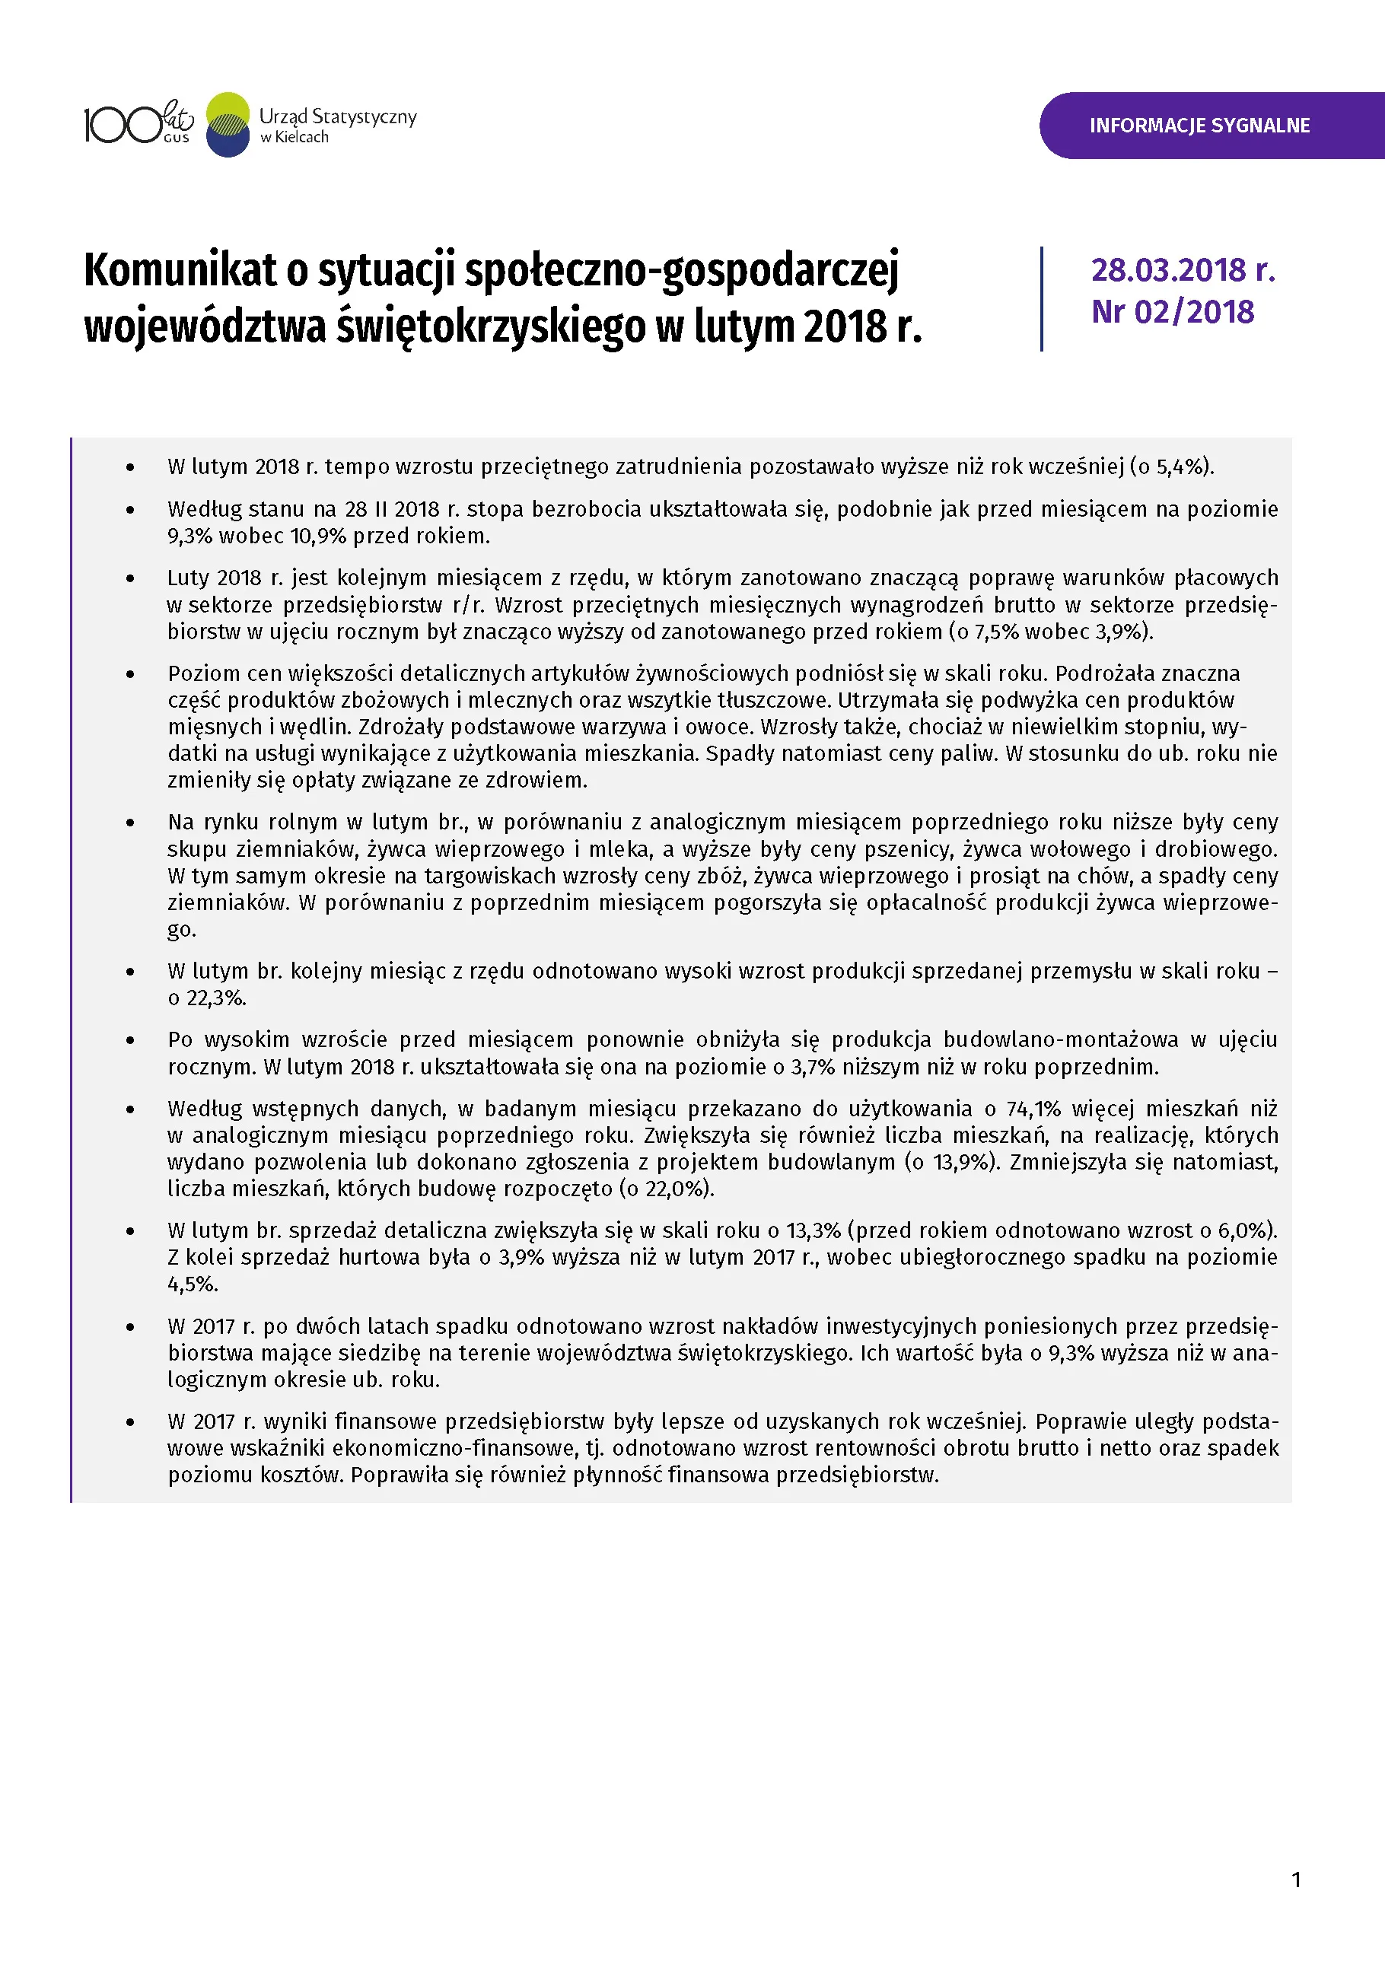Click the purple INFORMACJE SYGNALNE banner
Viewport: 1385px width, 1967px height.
click(x=1199, y=126)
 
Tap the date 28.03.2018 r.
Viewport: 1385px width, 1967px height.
click(x=1183, y=270)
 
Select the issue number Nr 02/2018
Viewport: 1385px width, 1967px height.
click(x=1172, y=312)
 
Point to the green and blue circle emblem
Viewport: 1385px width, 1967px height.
click(x=228, y=125)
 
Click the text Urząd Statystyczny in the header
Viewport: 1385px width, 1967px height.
click(x=337, y=116)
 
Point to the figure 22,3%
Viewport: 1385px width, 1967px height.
click(x=216, y=998)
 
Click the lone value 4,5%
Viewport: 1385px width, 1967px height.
click(x=193, y=1284)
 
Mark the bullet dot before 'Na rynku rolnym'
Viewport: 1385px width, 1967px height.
click(x=130, y=823)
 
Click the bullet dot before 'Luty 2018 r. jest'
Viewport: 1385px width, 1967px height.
click(x=130, y=578)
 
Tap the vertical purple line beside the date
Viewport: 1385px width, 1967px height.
click(x=1042, y=299)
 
